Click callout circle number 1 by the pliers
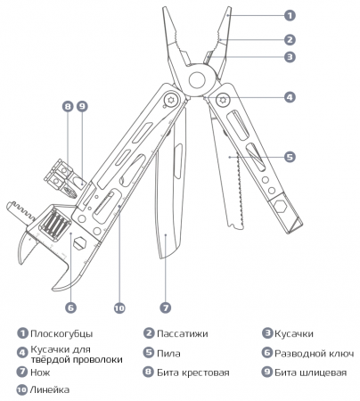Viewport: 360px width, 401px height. tap(289, 15)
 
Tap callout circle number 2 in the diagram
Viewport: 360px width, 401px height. tap(289, 39)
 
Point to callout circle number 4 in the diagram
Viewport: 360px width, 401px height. tap(289, 96)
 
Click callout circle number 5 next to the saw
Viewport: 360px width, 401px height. tap(289, 156)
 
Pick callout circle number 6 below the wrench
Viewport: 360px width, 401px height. tap(69, 307)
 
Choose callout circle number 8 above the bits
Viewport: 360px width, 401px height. tap(67, 106)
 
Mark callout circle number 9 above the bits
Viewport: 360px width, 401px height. tap(82, 106)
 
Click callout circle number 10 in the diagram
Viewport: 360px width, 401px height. tap(117, 307)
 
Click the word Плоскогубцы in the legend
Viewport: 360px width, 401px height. tap(61, 334)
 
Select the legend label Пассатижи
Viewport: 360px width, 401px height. tap(183, 334)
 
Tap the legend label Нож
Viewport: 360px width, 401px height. tap(40, 372)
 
